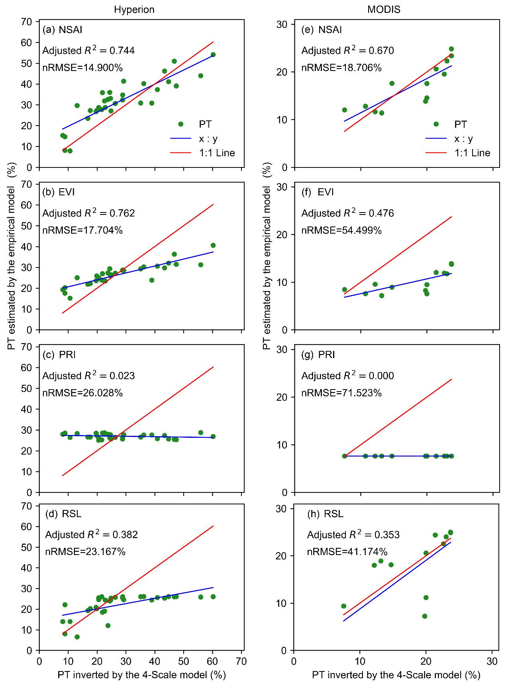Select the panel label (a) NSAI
(x=63, y=30)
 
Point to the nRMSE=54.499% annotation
(x=341, y=230)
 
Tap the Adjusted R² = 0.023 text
(x=88, y=376)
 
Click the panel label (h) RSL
(x=326, y=514)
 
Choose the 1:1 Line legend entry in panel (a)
(x=217, y=153)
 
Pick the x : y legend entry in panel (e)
(x=463, y=138)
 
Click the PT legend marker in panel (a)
(x=180, y=124)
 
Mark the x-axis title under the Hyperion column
(x=141, y=675)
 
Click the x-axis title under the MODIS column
(x=396, y=675)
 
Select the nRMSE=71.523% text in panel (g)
(x=341, y=393)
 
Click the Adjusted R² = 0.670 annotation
(x=347, y=51)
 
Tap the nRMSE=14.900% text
(x=82, y=67)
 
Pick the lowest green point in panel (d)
(x=77, y=637)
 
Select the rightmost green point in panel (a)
(x=213, y=55)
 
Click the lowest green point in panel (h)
(x=425, y=616)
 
